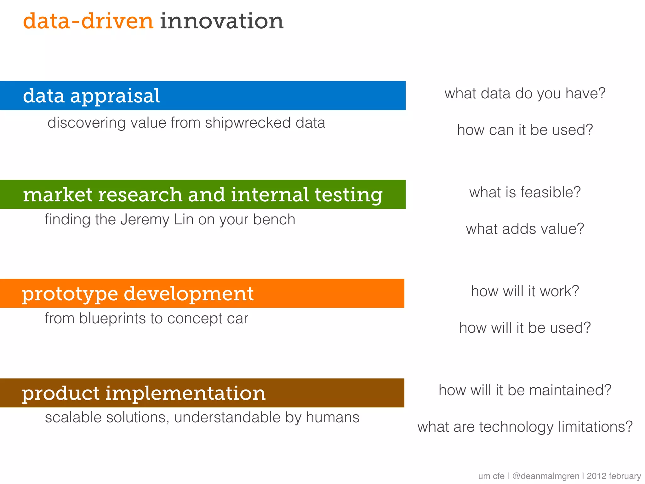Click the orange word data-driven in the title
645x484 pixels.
click(x=88, y=21)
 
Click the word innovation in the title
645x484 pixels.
click(x=222, y=21)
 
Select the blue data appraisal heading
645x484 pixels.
click(x=91, y=96)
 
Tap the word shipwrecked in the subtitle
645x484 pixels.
click(x=248, y=123)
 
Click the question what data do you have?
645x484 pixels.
click(x=525, y=94)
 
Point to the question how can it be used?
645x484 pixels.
click(x=525, y=130)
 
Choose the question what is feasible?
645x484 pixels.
click(x=525, y=192)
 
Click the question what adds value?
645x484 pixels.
click(x=525, y=229)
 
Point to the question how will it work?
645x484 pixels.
click(x=525, y=291)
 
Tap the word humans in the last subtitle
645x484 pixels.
click(x=333, y=418)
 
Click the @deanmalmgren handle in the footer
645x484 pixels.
click(x=545, y=476)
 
